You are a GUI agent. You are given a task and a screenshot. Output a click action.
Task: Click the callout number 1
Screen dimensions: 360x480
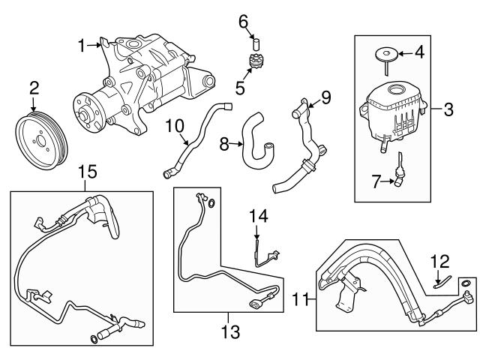coord(81,46)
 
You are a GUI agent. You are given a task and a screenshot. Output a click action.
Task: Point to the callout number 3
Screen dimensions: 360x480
coord(448,111)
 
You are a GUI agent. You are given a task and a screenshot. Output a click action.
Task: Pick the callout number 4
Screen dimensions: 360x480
coord(419,52)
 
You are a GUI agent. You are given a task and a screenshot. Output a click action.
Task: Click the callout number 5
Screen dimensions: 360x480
coord(239,88)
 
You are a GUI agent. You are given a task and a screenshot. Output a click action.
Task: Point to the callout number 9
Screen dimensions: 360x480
coord(325,96)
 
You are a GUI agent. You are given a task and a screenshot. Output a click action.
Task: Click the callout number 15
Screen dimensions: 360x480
coord(88,172)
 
